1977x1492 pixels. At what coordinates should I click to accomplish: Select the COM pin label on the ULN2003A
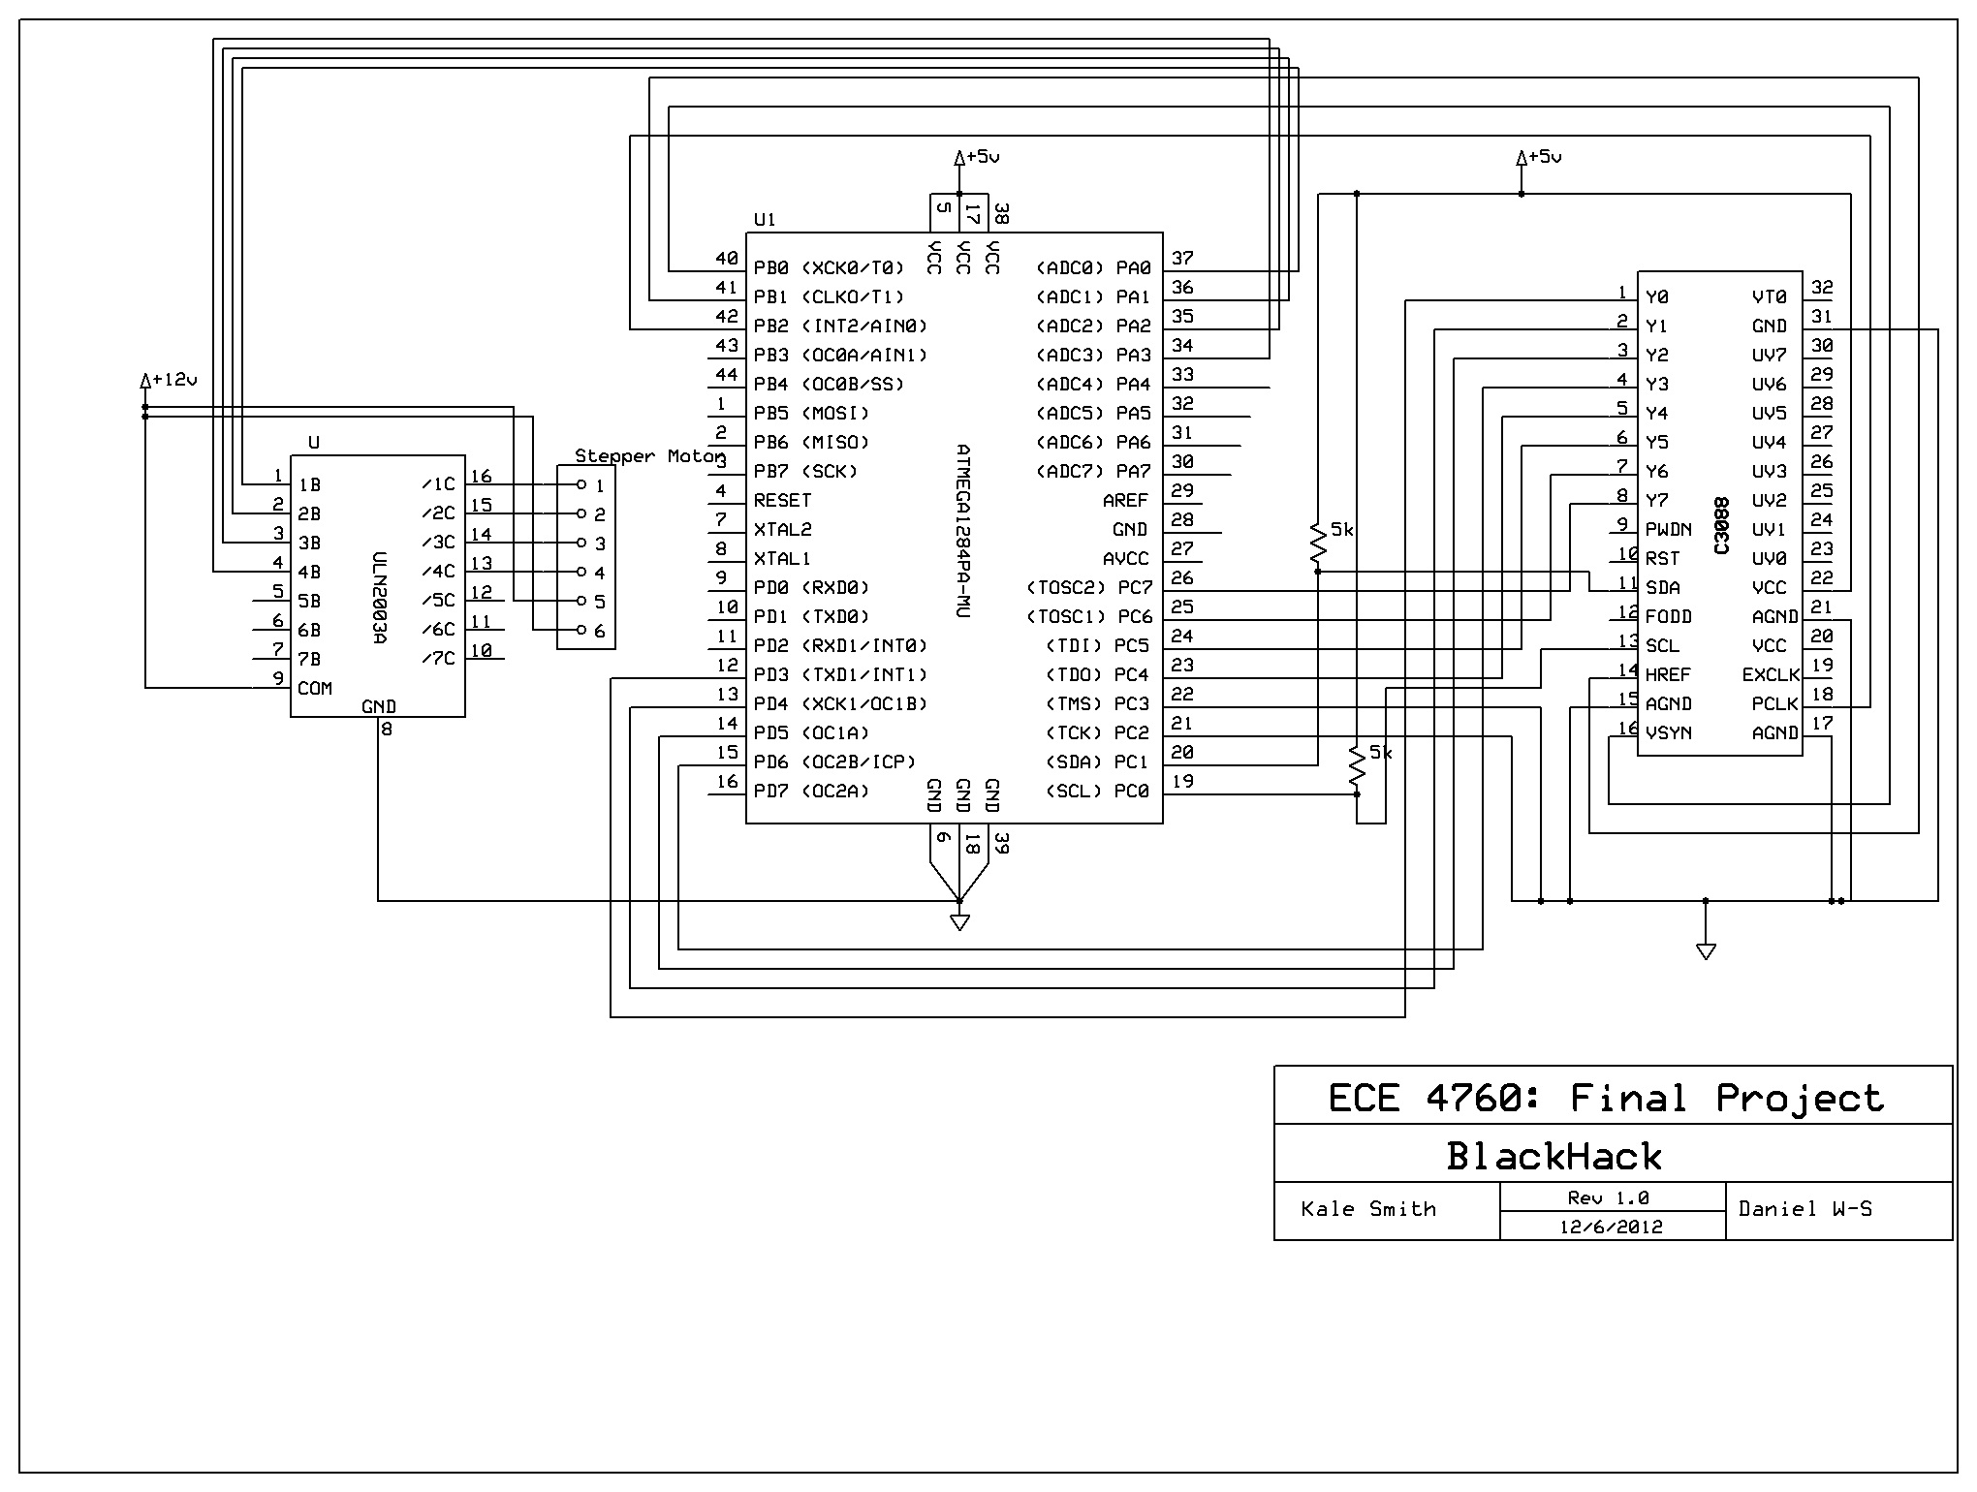click(315, 689)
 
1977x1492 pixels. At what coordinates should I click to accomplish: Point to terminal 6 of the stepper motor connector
click(581, 631)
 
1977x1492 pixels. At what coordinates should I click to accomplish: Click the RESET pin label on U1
click(782, 501)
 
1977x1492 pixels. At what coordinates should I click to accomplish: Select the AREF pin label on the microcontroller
click(1125, 501)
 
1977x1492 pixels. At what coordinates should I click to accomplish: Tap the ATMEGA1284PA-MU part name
click(961, 532)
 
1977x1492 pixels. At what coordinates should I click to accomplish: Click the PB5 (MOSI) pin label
click(811, 414)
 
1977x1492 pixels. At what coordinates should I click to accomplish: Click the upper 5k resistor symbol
click(1317, 545)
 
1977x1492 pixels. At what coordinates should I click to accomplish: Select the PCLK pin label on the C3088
click(1775, 704)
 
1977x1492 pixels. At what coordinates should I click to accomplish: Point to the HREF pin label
click(1668, 675)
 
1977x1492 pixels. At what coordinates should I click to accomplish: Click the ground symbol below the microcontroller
click(959, 921)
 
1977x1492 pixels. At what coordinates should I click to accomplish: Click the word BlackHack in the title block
click(1553, 1157)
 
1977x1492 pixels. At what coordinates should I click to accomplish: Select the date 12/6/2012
click(1611, 1227)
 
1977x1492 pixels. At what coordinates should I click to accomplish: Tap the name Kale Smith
click(1368, 1209)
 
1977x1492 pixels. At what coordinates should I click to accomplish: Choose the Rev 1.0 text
click(1608, 1198)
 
